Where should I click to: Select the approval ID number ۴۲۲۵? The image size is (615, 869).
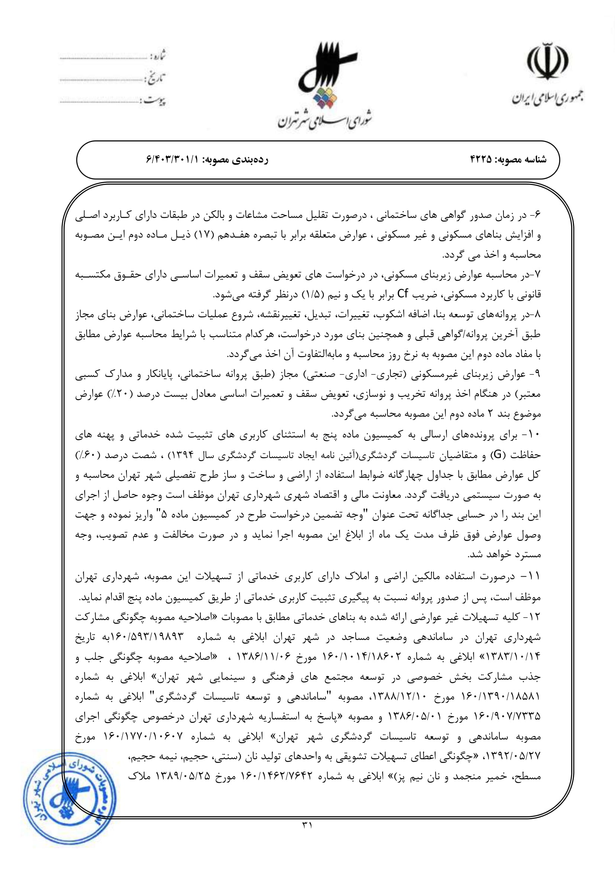coord(480,160)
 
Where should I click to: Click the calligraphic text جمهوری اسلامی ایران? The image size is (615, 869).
coord(548,98)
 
